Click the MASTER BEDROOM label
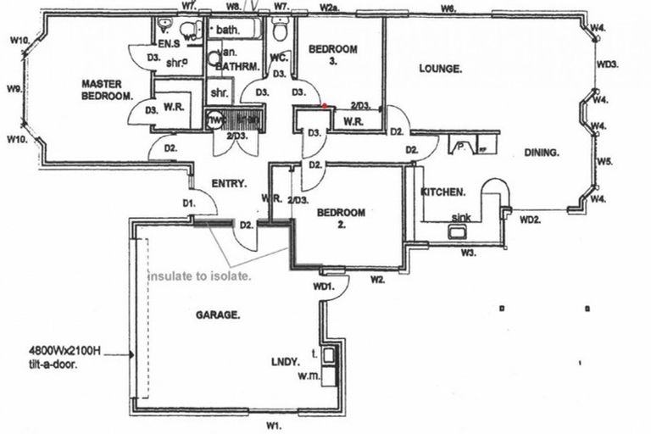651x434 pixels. (x=107, y=89)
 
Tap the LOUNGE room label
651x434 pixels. (x=440, y=69)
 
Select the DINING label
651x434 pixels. (x=542, y=153)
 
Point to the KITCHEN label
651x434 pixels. (x=442, y=192)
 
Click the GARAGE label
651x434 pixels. (x=218, y=314)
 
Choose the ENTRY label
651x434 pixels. (x=229, y=183)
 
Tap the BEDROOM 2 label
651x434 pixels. (x=341, y=218)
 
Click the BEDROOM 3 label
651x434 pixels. (x=332, y=55)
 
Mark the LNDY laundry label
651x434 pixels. (x=285, y=362)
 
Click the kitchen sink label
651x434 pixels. (x=460, y=218)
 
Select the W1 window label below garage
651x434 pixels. (x=274, y=424)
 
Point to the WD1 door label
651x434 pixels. (x=322, y=287)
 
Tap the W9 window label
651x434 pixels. (x=13, y=88)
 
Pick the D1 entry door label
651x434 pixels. (x=189, y=203)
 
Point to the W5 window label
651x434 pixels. (x=604, y=160)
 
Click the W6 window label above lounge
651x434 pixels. (x=448, y=8)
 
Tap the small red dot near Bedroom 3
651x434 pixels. (x=325, y=106)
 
